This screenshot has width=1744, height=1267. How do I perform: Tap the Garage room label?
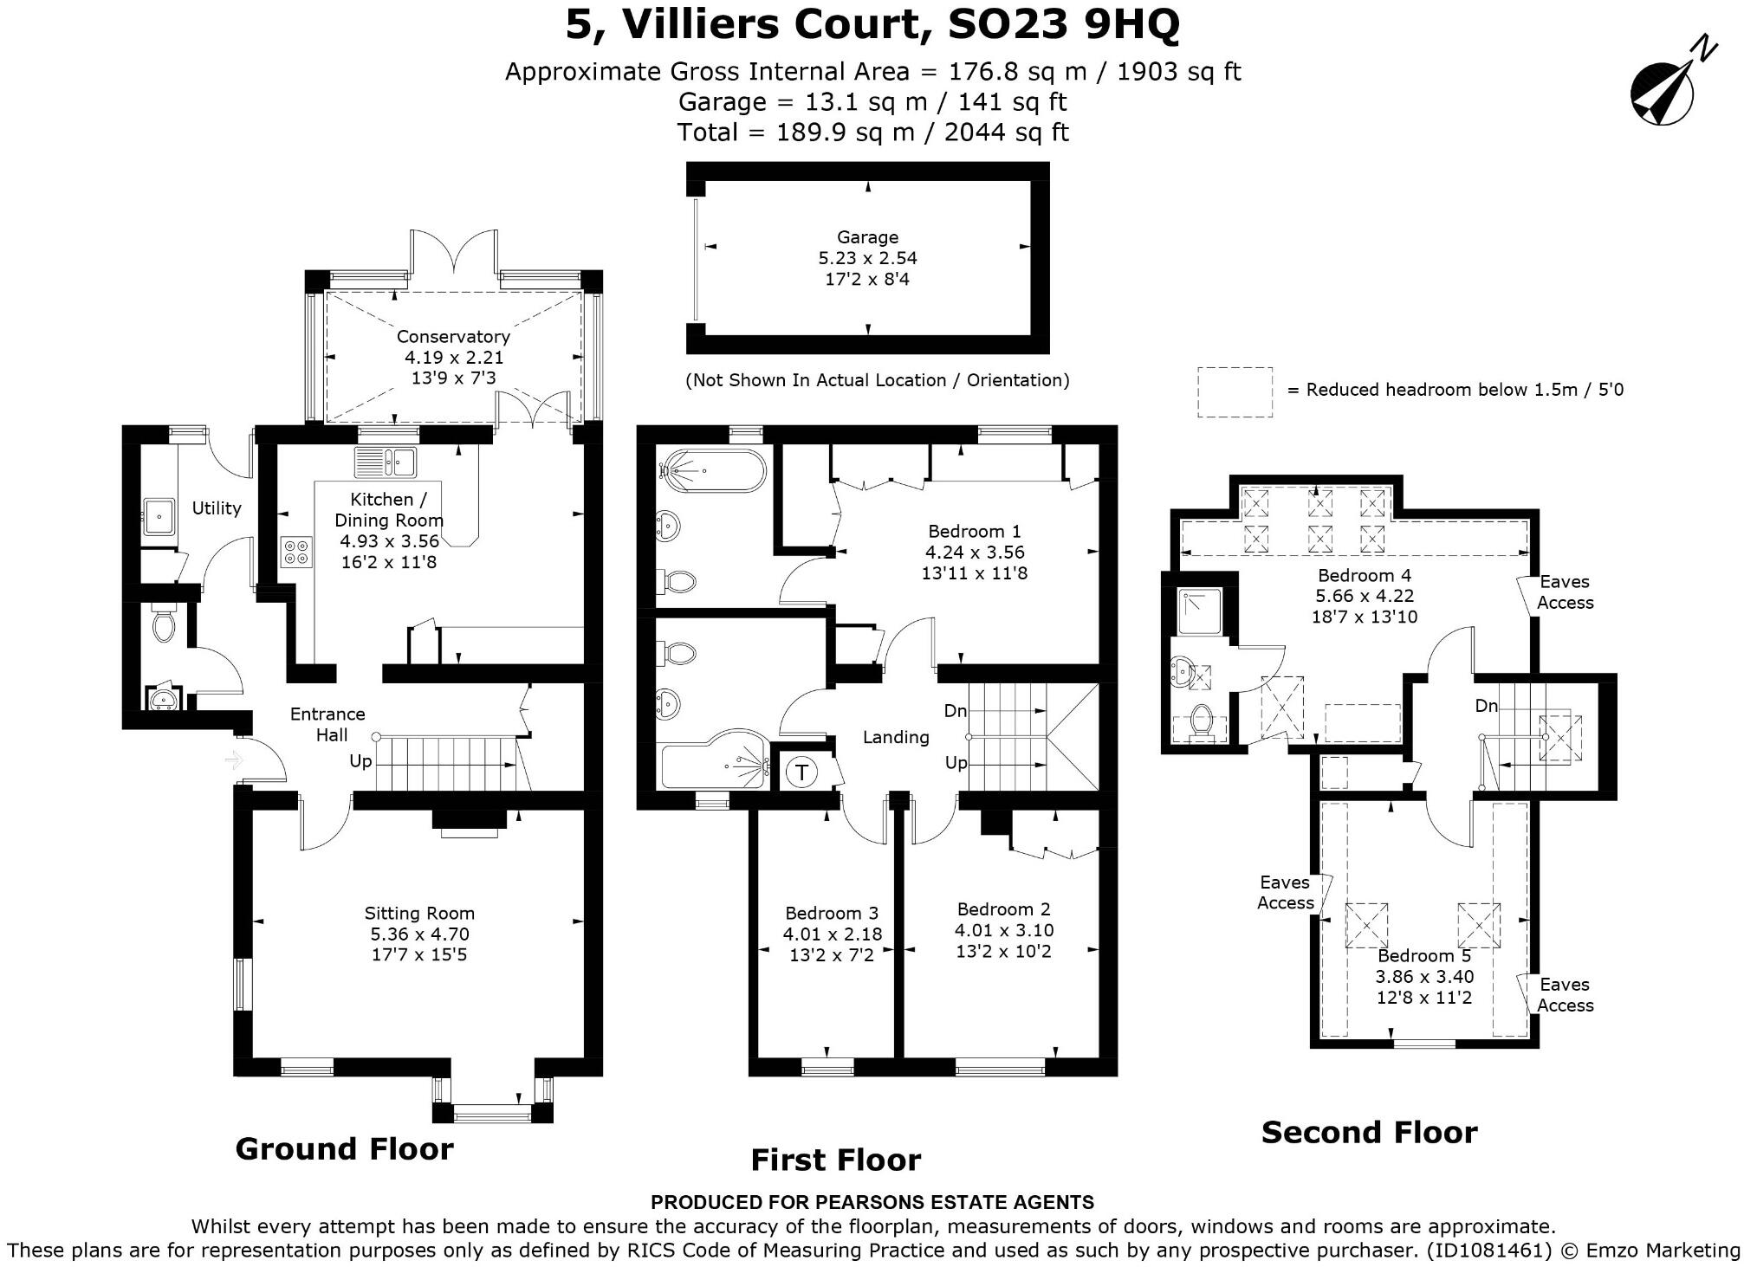(x=867, y=237)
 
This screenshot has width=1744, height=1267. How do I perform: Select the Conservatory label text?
(x=453, y=336)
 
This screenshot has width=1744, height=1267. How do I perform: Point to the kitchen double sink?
(x=386, y=461)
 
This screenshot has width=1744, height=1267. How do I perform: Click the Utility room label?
(x=217, y=508)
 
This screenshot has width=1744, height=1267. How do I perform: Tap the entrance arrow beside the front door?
(x=234, y=760)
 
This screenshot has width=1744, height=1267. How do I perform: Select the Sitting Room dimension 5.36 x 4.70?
(x=419, y=934)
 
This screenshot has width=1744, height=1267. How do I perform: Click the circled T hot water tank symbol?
(x=802, y=772)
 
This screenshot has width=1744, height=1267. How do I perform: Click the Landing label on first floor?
(x=896, y=737)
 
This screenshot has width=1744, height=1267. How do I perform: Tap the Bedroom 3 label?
(x=832, y=913)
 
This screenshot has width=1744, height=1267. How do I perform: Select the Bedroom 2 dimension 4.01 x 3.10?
(x=1004, y=930)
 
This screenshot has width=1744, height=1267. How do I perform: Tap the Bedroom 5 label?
(x=1424, y=955)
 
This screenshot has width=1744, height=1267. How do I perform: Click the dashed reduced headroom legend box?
(x=1235, y=391)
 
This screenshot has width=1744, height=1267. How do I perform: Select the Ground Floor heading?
(x=345, y=1148)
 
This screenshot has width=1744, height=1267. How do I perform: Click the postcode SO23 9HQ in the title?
(x=1064, y=25)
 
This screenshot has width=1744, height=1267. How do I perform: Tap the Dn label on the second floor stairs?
(x=1487, y=706)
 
